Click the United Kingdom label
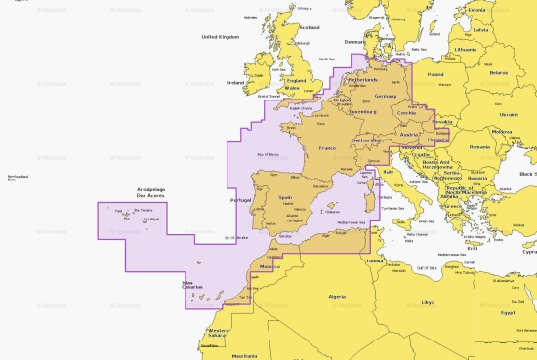coord(220,36)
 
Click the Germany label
coord(387,97)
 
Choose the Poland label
coord(435,73)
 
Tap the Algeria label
coord(337,295)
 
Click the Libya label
coord(428,302)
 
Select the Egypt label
coord(507,312)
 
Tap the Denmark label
coord(355,42)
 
